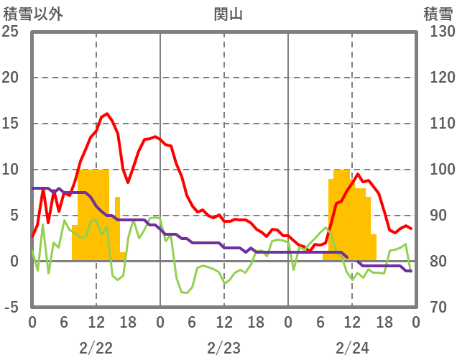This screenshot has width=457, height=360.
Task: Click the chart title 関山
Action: coord(224,14)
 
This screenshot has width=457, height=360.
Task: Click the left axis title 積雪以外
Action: coord(34,14)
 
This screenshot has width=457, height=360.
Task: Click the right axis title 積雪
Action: coord(438,14)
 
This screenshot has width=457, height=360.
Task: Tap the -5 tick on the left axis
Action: coord(11,308)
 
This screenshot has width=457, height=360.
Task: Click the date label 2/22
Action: coord(96,349)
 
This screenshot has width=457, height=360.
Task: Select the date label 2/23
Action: coord(223,349)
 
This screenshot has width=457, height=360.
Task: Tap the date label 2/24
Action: coord(352,349)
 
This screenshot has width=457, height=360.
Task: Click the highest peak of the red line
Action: coord(107,114)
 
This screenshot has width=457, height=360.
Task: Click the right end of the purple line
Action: coord(410,271)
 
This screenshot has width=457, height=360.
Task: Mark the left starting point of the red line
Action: coord(32,236)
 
